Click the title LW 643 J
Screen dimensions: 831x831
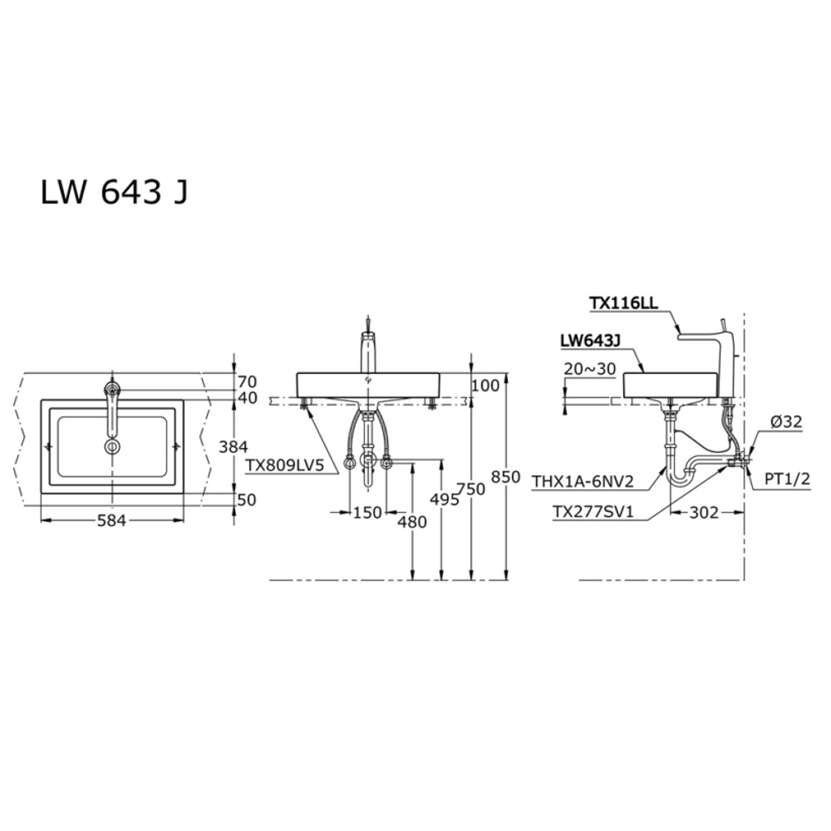(114, 192)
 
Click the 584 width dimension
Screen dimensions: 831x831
(112, 521)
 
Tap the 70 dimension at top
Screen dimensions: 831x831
(248, 382)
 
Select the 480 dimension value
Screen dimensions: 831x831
(412, 522)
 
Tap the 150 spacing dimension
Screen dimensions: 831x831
(367, 514)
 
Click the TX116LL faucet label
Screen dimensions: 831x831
(623, 304)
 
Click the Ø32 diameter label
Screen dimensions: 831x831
(785, 422)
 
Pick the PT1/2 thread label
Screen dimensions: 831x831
(786, 479)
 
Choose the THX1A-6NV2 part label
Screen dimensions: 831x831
(583, 479)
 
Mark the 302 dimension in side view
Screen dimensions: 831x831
(703, 513)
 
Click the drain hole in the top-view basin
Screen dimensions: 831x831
(112, 447)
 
